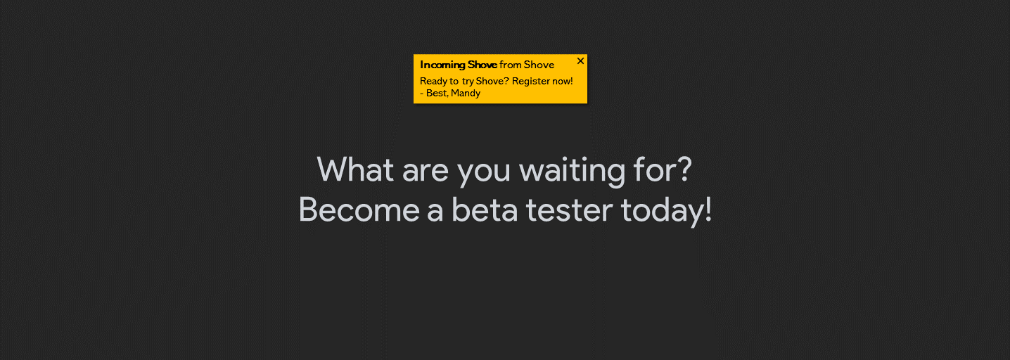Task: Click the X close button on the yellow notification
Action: click(x=580, y=61)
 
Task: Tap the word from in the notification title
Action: click(x=511, y=65)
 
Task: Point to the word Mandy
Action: click(x=466, y=94)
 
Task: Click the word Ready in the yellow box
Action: click(x=433, y=82)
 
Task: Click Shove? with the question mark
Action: click(x=492, y=81)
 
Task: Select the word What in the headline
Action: click(x=355, y=169)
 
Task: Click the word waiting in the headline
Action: click(x=573, y=172)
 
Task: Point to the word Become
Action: click(x=359, y=210)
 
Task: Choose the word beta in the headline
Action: click(x=485, y=210)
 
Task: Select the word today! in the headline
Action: click(x=667, y=211)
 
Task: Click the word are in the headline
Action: click(x=426, y=172)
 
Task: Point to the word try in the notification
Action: click(x=468, y=82)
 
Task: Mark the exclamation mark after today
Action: click(x=708, y=210)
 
